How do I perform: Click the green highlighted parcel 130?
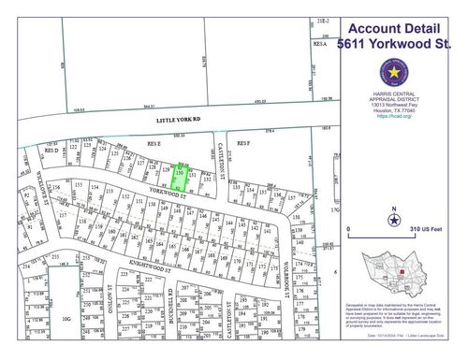tap(180, 175)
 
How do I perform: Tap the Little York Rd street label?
tap(178, 121)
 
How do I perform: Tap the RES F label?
tap(244, 143)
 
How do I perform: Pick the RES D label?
tap(52, 150)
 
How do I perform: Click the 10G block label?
tap(66, 318)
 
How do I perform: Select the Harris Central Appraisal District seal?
tap(395, 72)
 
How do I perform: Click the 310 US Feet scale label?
tap(426, 229)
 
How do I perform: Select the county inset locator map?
tap(400, 275)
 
